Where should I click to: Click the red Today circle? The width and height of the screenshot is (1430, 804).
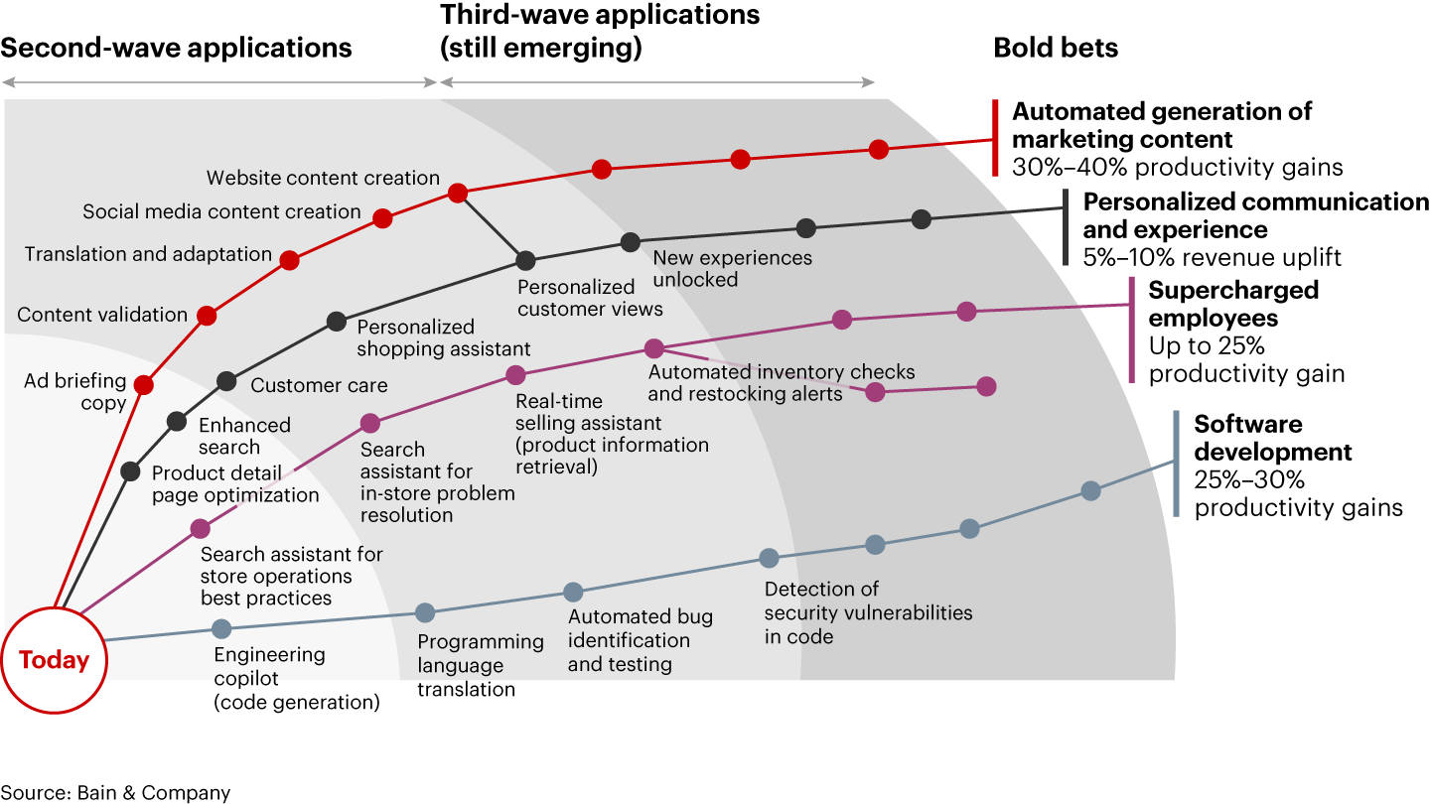click(x=54, y=660)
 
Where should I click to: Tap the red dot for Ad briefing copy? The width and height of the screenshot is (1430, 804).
click(x=144, y=385)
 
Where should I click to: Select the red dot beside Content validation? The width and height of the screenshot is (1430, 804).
click(x=207, y=316)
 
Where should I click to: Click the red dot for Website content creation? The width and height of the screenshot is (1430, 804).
click(x=458, y=193)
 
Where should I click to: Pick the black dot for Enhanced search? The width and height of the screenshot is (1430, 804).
click(x=177, y=421)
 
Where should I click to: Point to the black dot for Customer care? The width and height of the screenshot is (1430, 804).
click(x=226, y=380)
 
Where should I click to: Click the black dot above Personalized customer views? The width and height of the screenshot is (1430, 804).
click(x=525, y=260)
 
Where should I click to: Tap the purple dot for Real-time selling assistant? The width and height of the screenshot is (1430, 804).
click(x=515, y=374)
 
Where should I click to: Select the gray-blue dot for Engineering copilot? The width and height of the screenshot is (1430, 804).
click(x=221, y=628)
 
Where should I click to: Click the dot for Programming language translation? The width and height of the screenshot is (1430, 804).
click(x=425, y=612)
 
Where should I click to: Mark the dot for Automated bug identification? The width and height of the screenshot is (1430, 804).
click(x=573, y=593)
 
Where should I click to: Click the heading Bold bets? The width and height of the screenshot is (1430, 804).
click(x=1056, y=48)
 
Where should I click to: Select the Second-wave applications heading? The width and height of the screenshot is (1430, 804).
click(x=177, y=48)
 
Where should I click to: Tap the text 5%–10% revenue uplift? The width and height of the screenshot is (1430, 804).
click(x=1213, y=258)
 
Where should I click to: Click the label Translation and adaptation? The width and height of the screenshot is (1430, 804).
click(x=148, y=254)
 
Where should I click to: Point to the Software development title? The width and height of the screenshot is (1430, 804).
click(x=1272, y=438)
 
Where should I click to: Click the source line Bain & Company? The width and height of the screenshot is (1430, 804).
click(x=115, y=792)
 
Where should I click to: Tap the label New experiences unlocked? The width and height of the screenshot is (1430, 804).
click(x=732, y=268)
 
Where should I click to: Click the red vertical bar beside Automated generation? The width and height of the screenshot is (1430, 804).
click(x=995, y=138)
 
